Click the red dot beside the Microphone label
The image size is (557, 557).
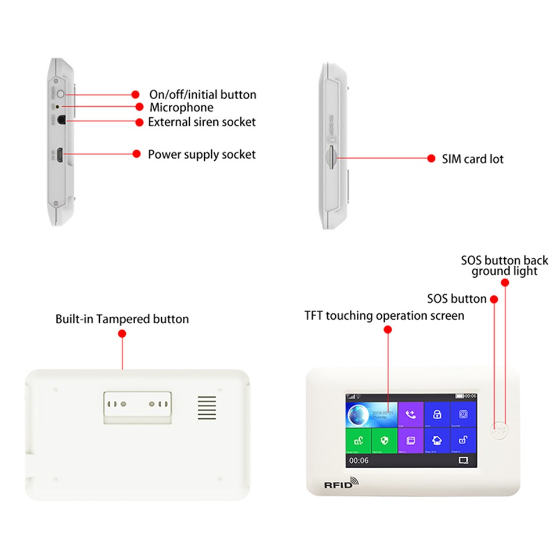coord(139,107)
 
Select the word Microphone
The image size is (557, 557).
coord(181,107)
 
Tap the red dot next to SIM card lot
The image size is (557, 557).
coord(431,158)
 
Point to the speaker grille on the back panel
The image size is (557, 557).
coord(206,408)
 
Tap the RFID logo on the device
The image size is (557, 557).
coord(341,483)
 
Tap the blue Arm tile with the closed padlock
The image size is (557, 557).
coord(437,415)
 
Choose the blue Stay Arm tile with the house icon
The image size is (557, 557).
coord(437,441)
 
